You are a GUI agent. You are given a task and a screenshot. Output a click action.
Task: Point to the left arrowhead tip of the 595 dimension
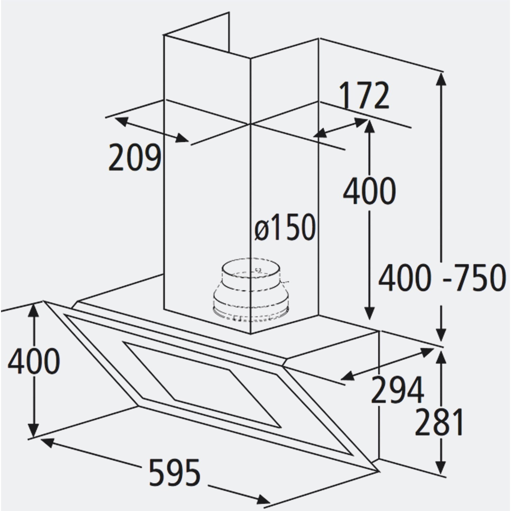[41, 439]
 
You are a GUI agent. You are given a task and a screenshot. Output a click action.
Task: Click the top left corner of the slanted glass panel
[43, 301]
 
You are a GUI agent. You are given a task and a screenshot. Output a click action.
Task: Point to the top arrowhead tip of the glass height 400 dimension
[33, 304]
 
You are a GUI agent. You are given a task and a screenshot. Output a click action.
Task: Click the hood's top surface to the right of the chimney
[341, 337]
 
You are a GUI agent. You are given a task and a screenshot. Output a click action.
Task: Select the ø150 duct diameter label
[285, 227]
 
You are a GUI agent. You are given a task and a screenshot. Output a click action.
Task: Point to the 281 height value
[439, 422]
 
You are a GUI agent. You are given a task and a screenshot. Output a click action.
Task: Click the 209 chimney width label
[134, 157]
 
